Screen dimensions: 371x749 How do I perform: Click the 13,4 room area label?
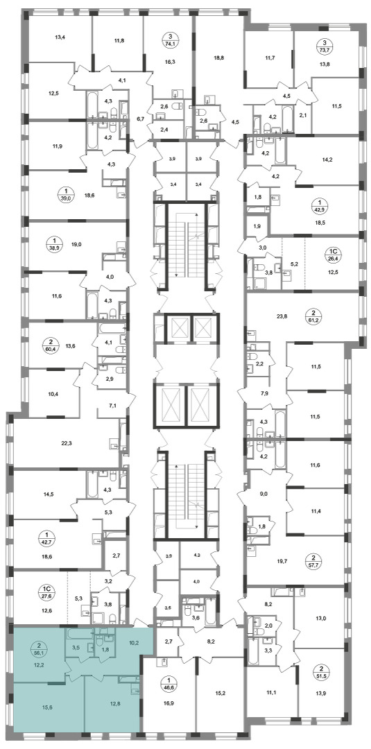(60, 36)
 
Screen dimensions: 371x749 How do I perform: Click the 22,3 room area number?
(67, 442)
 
